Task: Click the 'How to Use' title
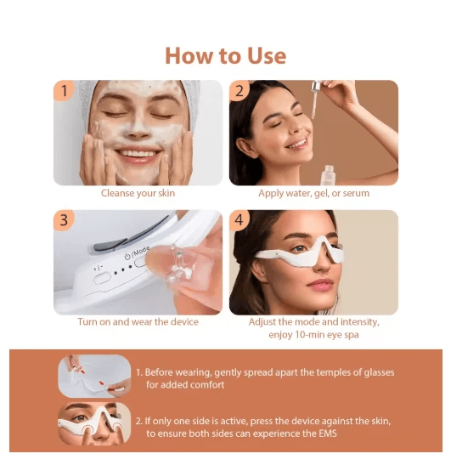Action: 225,56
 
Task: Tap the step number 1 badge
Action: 63,91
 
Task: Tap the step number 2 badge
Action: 240,91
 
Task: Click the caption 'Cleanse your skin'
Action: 138,194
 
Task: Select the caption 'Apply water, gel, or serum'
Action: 313,194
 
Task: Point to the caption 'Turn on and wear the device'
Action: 138,322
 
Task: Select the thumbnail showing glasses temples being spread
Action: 93,376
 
